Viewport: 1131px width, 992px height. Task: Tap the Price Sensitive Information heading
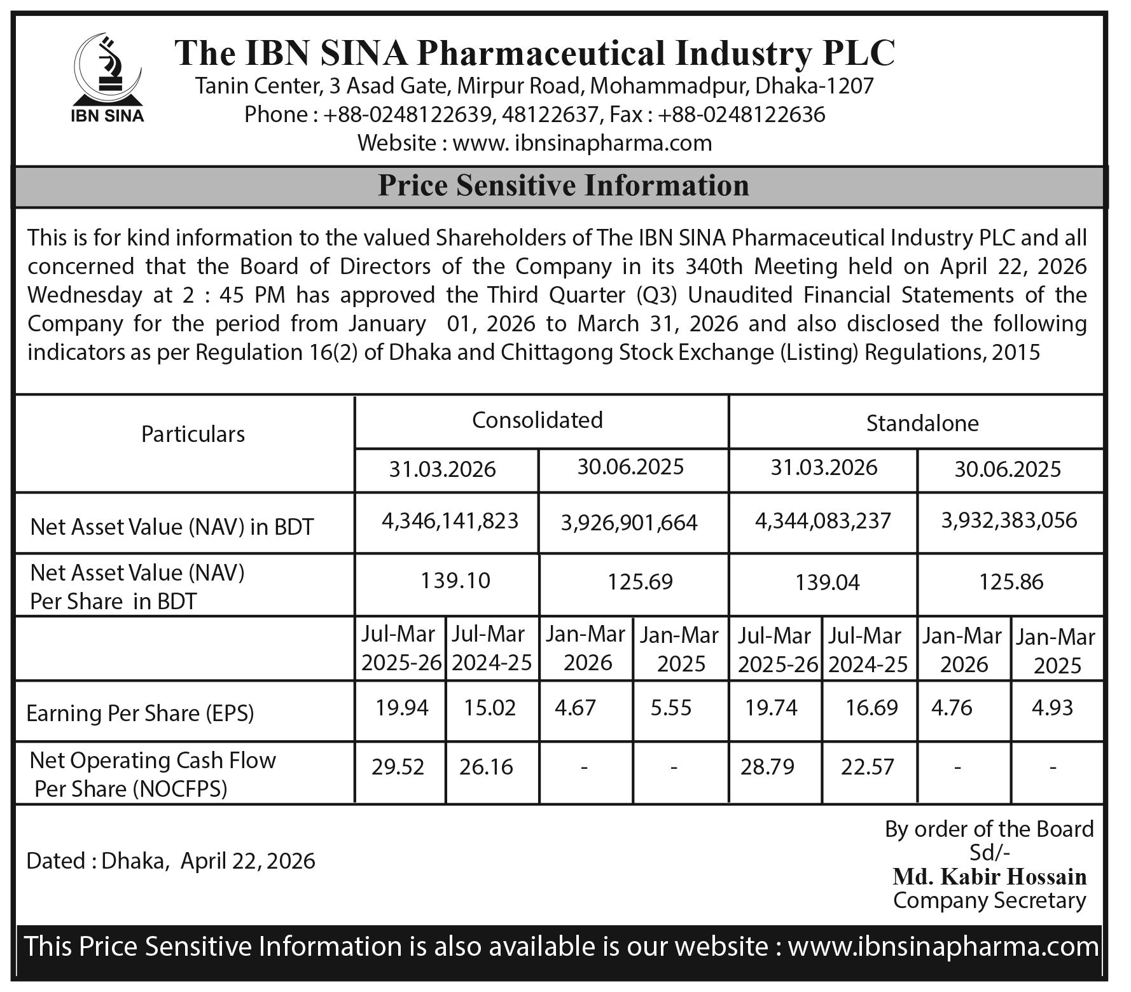coord(563,186)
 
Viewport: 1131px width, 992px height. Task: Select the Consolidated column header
coord(538,420)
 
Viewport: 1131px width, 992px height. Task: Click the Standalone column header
coord(922,424)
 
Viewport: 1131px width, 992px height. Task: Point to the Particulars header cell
coord(193,434)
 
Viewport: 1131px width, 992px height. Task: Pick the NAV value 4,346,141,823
coord(450,521)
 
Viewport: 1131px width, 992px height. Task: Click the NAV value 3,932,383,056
coord(1010,521)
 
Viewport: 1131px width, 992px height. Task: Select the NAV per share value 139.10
coord(455,581)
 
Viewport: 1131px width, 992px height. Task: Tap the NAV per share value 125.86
coord(1011,582)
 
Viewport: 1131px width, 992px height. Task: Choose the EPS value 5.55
coord(671,708)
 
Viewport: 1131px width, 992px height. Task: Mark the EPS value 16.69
coord(871,707)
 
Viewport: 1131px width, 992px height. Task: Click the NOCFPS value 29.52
coord(398,767)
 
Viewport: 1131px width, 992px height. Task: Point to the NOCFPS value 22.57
coord(868,767)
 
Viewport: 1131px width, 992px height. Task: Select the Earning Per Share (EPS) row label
coord(140,714)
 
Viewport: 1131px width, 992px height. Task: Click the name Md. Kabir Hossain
coord(990,877)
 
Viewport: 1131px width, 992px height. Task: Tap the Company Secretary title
coord(990,900)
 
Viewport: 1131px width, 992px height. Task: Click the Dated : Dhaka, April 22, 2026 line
coord(170,861)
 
